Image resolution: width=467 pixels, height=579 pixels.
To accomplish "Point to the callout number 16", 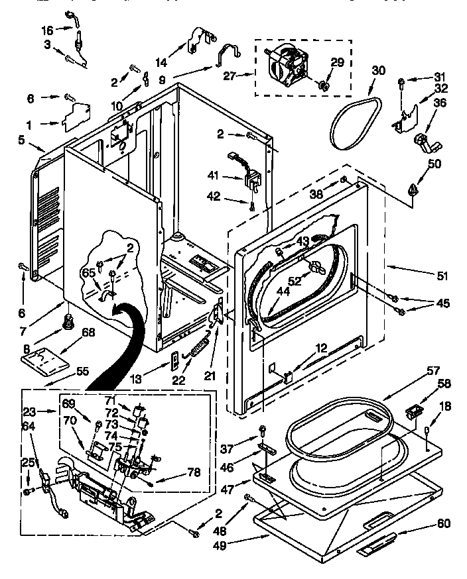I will tap(47, 30).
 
